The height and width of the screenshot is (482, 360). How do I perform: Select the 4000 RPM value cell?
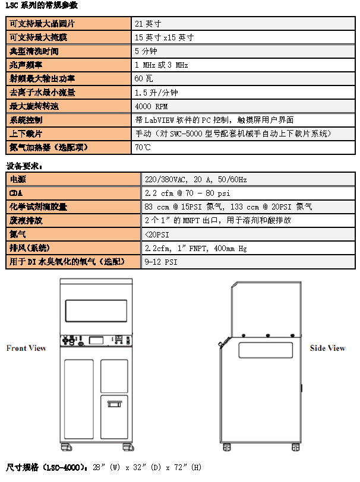[x=152, y=106]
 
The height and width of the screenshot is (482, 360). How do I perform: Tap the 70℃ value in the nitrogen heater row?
[x=143, y=147]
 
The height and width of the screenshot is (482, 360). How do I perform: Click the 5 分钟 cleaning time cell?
[x=145, y=52]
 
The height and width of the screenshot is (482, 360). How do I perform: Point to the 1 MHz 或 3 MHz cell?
[x=161, y=65]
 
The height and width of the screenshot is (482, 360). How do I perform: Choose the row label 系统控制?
[x=26, y=120]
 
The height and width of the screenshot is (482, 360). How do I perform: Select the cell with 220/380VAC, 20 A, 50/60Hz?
[x=195, y=179]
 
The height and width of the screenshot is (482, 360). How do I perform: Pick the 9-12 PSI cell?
[x=161, y=262]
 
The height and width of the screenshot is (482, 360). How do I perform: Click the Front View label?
[x=26, y=348]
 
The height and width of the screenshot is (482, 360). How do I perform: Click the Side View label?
[x=327, y=348]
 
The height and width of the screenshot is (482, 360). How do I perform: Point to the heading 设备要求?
[x=24, y=166]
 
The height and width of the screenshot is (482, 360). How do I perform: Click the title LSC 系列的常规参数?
[x=41, y=5]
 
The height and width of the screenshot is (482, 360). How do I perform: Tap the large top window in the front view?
[x=96, y=310]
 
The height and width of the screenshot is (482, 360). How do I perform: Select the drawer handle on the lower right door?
[x=113, y=405]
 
